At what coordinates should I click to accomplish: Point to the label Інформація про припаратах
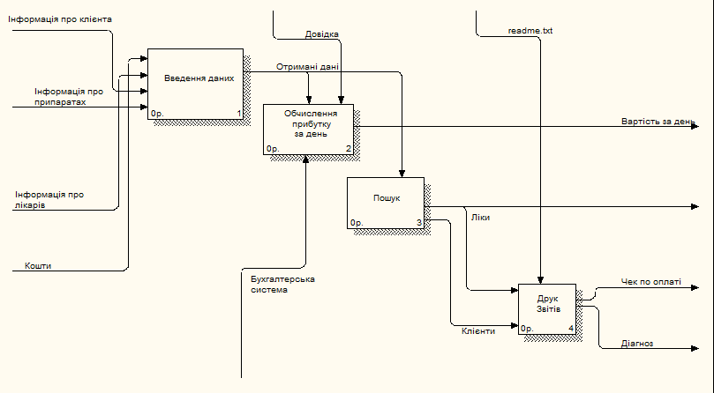point(69,96)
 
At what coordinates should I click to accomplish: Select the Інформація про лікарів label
point(49,200)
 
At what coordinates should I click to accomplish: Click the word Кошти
point(37,265)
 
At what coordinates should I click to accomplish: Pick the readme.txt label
point(530,31)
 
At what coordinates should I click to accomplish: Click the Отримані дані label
point(307,66)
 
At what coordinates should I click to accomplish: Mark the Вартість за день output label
point(658,121)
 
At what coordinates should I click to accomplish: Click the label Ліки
point(480,217)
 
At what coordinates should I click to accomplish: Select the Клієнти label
point(477,330)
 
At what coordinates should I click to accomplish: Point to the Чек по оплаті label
point(650,282)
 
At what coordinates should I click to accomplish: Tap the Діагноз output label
point(637,345)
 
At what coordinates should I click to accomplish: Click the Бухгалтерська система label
point(282,284)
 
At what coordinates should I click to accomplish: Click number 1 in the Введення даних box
point(238,114)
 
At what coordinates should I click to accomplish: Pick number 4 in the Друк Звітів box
point(570,329)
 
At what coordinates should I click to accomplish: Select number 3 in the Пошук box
point(419,223)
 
